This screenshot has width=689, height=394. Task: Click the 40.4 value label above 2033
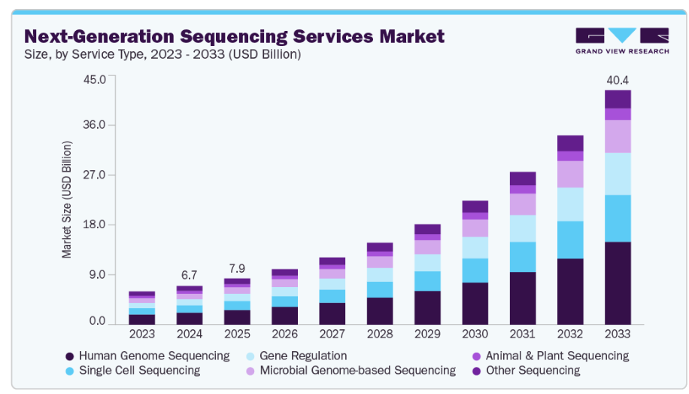point(618,80)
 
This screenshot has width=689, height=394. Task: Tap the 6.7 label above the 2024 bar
point(189,275)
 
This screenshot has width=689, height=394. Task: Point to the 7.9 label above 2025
point(237,267)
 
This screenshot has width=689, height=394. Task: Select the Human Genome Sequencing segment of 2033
point(618,283)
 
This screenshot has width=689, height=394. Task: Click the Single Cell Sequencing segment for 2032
point(569,240)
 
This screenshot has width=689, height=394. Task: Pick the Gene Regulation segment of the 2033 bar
point(618,174)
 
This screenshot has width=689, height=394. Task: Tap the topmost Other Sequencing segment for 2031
point(523,179)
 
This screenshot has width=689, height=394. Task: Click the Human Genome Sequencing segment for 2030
point(475,303)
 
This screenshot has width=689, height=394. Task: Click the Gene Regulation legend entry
point(302,356)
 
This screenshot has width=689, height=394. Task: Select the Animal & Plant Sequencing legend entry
point(557,356)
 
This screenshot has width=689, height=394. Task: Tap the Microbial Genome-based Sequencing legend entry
point(357,370)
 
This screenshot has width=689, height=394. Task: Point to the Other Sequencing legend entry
point(533,370)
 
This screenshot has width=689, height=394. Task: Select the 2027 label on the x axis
point(332,333)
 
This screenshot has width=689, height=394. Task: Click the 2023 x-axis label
point(142,333)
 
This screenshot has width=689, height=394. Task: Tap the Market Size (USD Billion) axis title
point(67,200)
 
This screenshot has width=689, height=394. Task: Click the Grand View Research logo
point(621,41)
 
